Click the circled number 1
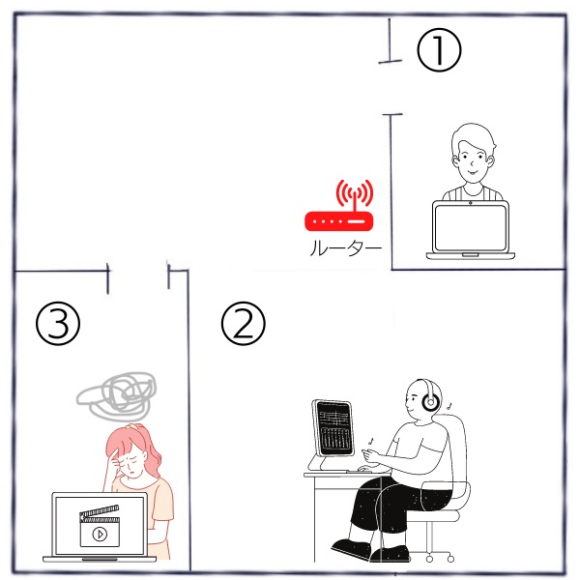[x=439, y=50]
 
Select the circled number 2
[x=243, y=324]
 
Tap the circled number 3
[x=58, y=324]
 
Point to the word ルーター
[x=345, y=247]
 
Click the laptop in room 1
[x=471, y=230]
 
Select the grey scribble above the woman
[x=117, y=396]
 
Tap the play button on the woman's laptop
[x=100, y=534]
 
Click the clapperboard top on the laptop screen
[x=100, y=512]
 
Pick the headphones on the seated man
[x=429, y=395]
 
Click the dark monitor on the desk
[x=333, y=428]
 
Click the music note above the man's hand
[x=371, y=441]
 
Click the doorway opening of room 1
[x=391, y=88]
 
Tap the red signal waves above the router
[x=355, y=193]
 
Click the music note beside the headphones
[x=449, y=406]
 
